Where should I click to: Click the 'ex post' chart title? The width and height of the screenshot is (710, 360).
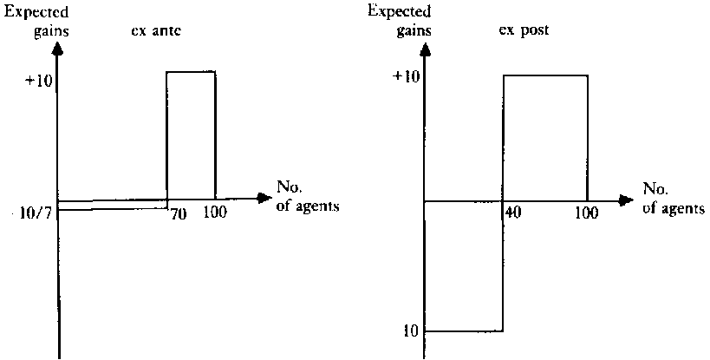[x=524, y=30]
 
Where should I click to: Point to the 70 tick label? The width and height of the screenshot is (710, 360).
[x=179, y=213]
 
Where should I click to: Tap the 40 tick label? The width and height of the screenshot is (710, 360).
[x=513, y=212]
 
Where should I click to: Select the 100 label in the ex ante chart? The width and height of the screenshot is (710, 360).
[x=215, y=213]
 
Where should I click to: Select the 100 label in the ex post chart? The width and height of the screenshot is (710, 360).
[x=587, y=213]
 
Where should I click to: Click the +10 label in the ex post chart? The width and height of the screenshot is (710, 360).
[x=404, y=76]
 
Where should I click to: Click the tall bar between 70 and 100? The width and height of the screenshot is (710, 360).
[x=191, y=135]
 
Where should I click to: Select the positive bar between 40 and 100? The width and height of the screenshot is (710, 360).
[x=545, y=138]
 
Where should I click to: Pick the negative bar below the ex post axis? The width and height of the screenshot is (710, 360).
[x=464, y=266]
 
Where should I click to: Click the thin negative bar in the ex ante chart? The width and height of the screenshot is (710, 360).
[x=113, y=204]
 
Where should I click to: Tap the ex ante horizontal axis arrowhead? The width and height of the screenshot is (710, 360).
[x=263, y=198]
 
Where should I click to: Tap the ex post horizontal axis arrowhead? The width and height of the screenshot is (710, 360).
[x=625, y=200]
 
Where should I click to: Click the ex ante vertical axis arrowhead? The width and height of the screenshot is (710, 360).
[x=57, y=49]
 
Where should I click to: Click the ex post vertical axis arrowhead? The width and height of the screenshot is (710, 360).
[x=425, y=49]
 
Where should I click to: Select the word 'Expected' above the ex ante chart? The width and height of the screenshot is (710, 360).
[x=36, y=12]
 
